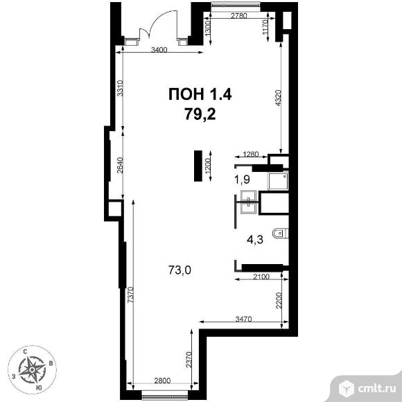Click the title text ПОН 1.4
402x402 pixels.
pos(200,94)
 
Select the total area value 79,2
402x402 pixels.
pos(200,114)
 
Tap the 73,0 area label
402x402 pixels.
pos(180,270)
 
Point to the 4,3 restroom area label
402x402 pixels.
pos(255,240)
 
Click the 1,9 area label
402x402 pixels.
pos(243,180)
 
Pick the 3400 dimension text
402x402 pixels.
pos(159,49)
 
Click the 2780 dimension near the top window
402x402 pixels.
pos(239,16)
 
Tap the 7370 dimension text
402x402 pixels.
pos(130,295)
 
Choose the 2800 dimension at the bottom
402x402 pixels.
pos(162,381)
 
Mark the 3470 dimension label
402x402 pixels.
pos(243,319)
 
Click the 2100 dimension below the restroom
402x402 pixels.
pos(261,277)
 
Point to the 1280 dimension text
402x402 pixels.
pos(251,155)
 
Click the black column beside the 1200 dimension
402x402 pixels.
pos(198,166)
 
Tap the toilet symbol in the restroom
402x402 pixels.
pos(281,234)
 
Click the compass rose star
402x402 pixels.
pos(32,369)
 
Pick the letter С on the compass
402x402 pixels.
pos(26,352)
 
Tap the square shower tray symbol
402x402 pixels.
pos(278,182)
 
